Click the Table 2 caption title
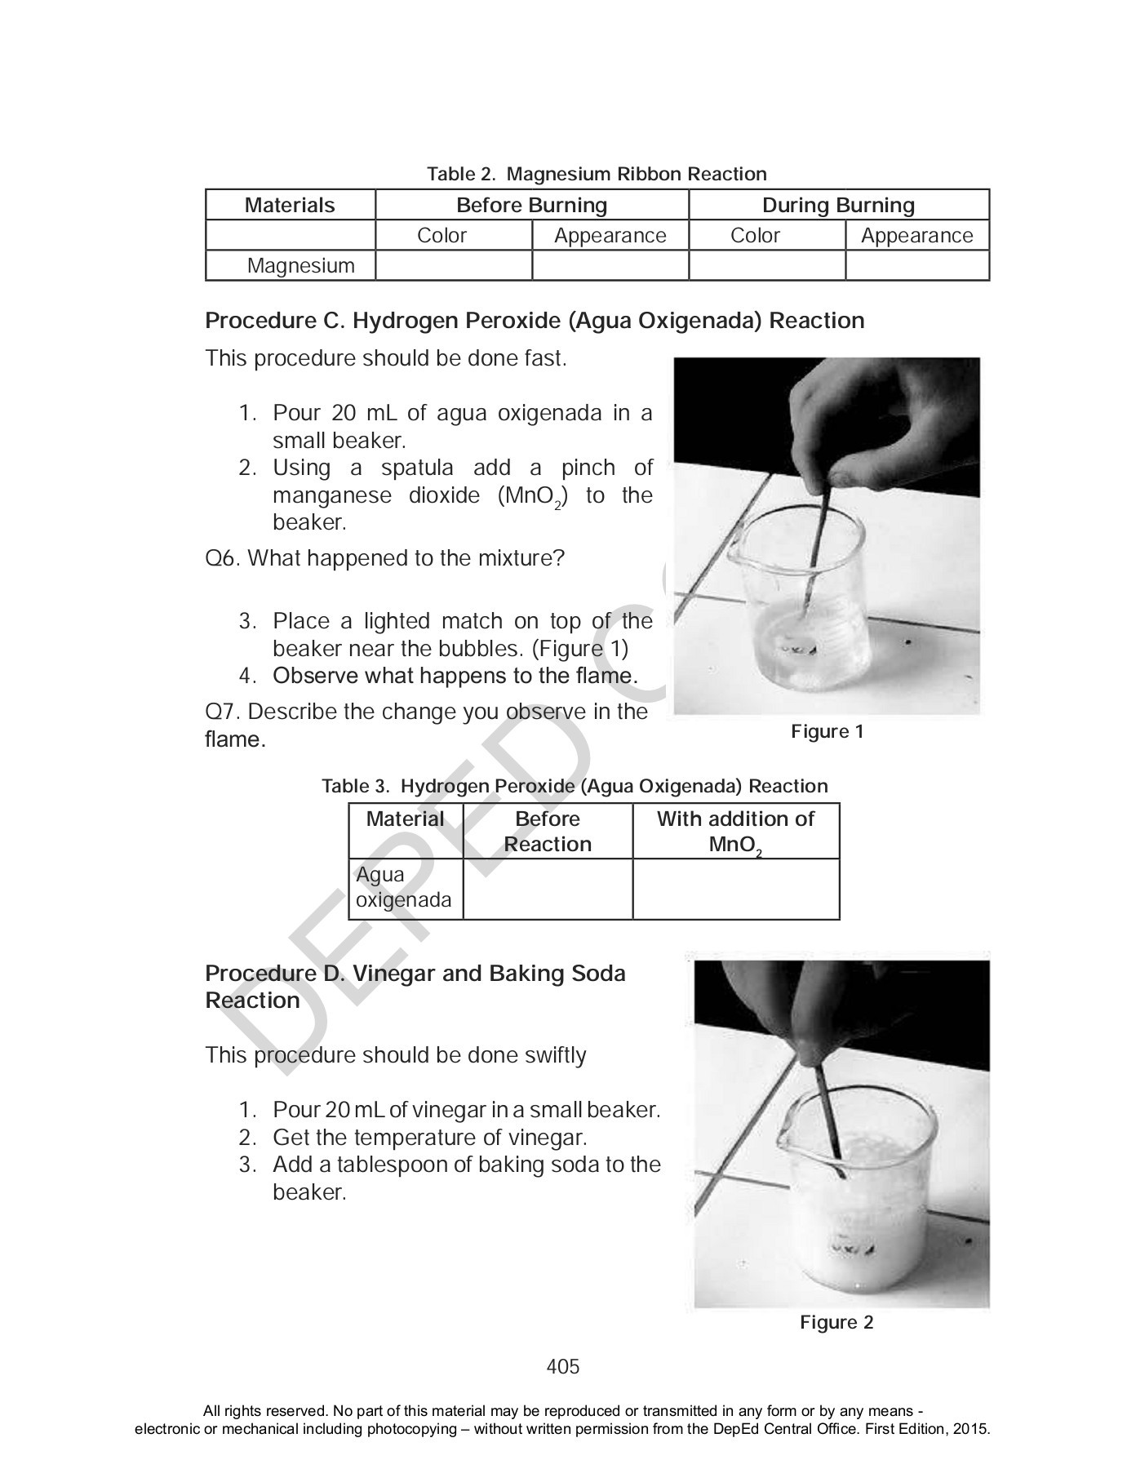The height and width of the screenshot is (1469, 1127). pos(597,174)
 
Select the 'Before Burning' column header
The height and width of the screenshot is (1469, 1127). pos(531,205)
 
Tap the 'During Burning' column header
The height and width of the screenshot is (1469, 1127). pos(838,205)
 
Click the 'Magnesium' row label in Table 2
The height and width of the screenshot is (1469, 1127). pos(300,266)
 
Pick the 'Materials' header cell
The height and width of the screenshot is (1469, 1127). pos(290,205)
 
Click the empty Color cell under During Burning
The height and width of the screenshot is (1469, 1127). pos(766,266)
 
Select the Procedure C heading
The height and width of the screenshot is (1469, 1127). pos(535,321)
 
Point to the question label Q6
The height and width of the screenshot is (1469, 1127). pos(222,559)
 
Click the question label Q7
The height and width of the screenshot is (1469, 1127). pos(222,712)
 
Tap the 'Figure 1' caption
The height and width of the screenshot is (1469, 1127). pos(827,731)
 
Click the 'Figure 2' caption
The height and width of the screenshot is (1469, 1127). pos(836,1322)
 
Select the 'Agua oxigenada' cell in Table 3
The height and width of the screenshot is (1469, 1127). pos(404,888)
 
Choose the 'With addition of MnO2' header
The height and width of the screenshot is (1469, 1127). pos(735,832)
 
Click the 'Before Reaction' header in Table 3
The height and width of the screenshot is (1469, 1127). pos(548,832)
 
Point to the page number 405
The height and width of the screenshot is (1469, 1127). pos(563,1367)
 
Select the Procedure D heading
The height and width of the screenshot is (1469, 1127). pos(415,987)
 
